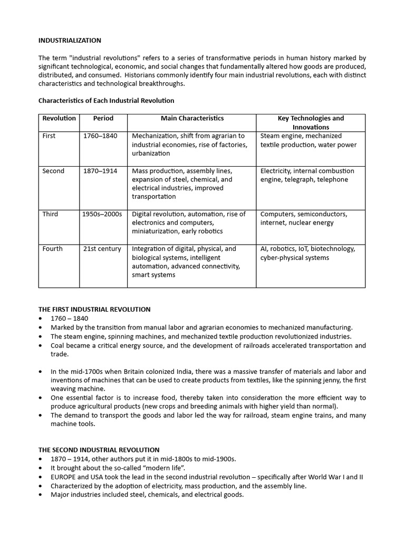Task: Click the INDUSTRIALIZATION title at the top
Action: (x=70, y=41)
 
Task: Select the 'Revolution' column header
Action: (x=59, y=119)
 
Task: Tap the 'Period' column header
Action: (x=103, y=119)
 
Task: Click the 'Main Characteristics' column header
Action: (x=192, y=119)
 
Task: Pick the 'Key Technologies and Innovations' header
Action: (x=310, y=122)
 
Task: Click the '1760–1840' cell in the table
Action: (x=100, y=136)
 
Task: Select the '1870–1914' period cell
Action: (x=100, y=171)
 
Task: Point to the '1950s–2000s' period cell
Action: (x=102, y=214)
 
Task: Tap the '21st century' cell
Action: (x=102, y=249)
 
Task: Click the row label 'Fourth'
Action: (x=52, y=249)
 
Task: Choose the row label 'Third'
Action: (x=51, y=214)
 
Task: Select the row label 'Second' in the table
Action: (x=53, y=171)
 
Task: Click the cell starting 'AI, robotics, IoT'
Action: (x=307, y=253)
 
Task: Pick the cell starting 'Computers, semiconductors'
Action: (x=304, y=218)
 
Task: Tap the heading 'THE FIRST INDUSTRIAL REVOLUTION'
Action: (x=94, y=310)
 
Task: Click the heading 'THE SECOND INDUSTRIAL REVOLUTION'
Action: (x=99, y=450)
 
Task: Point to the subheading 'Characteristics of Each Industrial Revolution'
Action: (x=106, y=100)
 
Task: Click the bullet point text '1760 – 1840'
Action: (x=70, y=319)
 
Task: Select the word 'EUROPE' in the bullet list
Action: (x=63, y=477)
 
